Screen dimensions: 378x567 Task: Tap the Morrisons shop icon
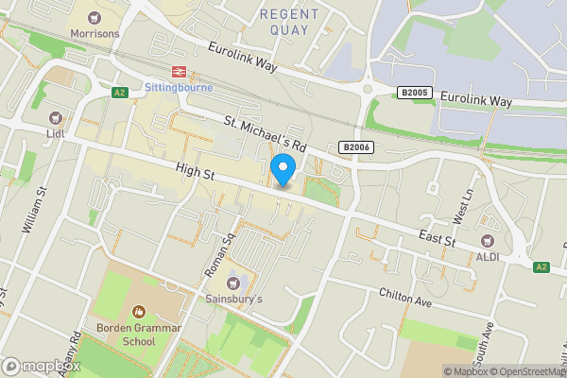tap(94, 18)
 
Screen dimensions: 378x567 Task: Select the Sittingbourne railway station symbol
tap(175, 72)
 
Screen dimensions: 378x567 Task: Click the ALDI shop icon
tap(489, 241)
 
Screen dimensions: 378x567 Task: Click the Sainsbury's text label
tap(233, 300)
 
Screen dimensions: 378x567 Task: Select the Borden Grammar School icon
tap(138, 311)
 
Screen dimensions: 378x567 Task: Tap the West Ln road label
tap(465, 204)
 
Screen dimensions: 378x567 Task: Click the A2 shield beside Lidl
tap(119, 93)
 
